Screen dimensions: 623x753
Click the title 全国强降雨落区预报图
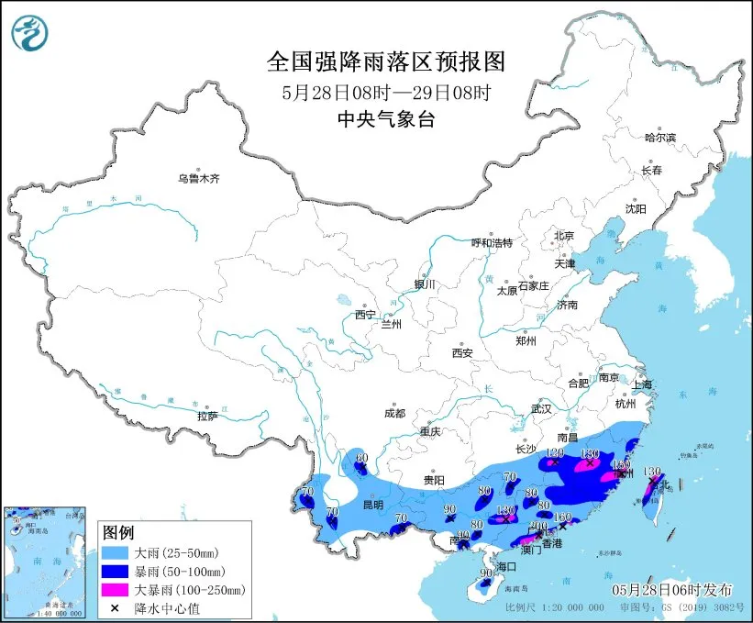pos(385,61)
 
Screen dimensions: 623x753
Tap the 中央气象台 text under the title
pos(385,117)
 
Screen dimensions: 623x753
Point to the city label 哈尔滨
pos(659,138)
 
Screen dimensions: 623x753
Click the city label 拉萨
pos(207,416)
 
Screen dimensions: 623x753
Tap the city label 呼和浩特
pos(492,242)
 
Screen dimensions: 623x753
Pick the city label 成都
pos(395,413)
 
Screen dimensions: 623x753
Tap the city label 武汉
pos(541,408)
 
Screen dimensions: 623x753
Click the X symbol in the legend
pos(115,606)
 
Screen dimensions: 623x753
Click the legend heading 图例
pos(117,533)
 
